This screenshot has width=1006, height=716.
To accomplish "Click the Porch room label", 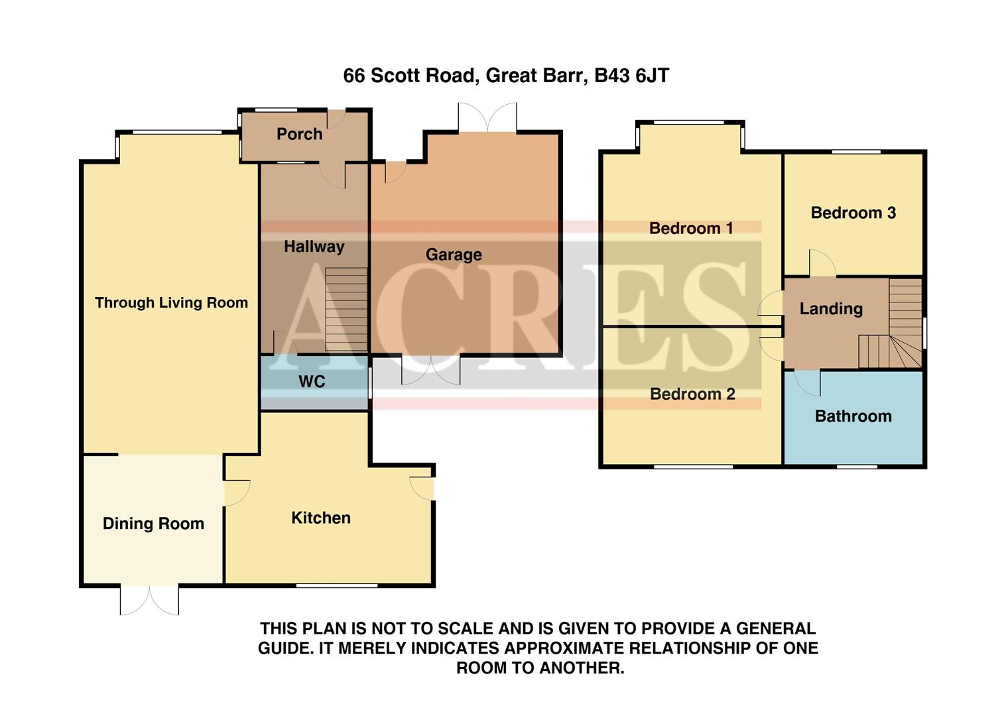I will coord(299,134).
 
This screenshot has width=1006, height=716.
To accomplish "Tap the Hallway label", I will coord(314,247).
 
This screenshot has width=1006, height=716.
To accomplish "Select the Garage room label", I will coord(454,255).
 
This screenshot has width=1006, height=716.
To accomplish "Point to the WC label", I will coord(312,381).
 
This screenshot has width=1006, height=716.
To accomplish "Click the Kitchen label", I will coord(321,518).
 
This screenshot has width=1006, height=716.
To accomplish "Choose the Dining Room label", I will coord(153,524).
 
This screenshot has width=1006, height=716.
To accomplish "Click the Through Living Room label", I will coord(171,303).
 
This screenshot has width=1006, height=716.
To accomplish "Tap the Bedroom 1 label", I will coord(691,229).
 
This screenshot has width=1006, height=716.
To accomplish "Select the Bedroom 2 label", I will coord(692,394).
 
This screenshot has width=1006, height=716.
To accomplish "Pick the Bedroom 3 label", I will coord(853,213).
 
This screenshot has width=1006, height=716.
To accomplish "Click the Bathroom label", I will coord(853,416).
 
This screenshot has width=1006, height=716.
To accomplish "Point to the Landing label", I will coord(831,309).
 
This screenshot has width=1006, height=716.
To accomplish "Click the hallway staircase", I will coord(346,309).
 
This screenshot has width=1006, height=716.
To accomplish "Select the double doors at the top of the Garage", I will coord(487,118).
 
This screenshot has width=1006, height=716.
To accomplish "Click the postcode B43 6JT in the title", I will coord(631,76).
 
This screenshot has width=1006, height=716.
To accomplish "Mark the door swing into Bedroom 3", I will coord(822,263).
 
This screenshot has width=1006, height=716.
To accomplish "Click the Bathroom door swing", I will coord(808,382).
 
